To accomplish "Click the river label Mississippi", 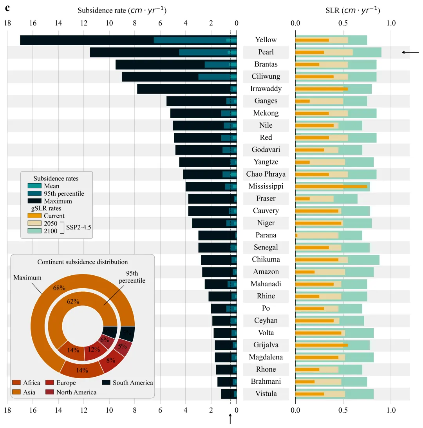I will point(266,186).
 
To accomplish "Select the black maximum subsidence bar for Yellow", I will point(86,40).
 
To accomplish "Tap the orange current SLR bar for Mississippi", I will point(331,186).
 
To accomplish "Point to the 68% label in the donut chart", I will point(59,288).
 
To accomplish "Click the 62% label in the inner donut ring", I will point(73,302).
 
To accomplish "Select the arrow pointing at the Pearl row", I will point(410,52).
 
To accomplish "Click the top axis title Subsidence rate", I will point(122,11).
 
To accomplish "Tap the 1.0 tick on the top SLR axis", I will point(391,23).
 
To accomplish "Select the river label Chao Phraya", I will point(266,174).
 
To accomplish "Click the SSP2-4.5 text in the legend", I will point(78,227).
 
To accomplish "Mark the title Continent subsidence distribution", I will point(83,262).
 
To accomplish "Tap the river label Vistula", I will point(266,394).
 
